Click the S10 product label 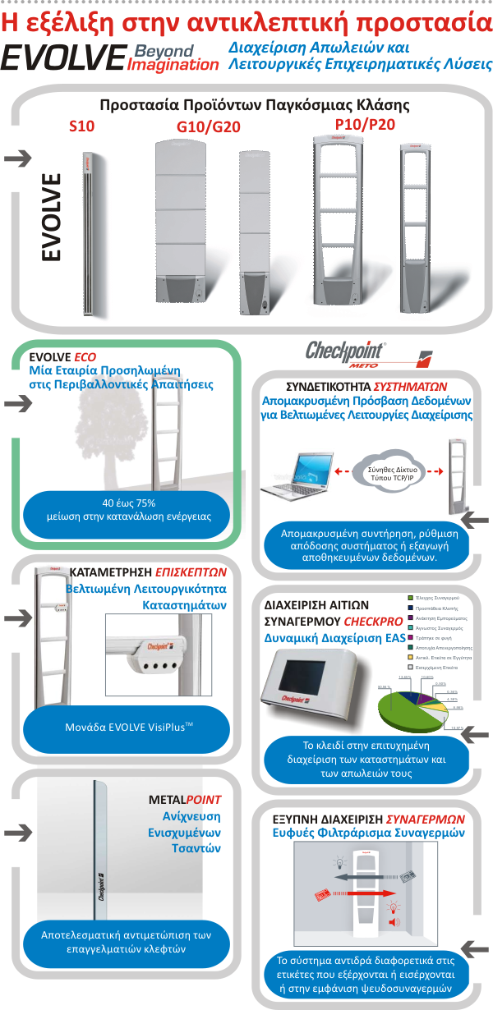(82, 126)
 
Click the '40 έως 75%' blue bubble (128, 510)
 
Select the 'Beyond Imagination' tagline (173, 57)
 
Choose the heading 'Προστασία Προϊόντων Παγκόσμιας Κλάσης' (254, 105)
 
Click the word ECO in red (85, 357)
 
